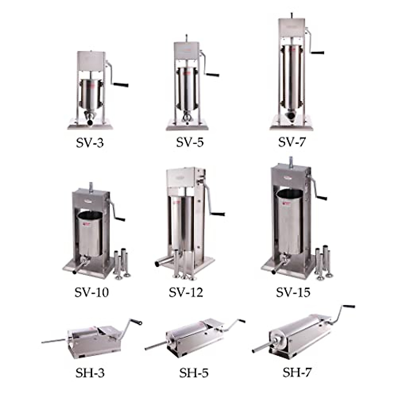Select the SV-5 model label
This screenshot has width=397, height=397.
[x=190, y=142]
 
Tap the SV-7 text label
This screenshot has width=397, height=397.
[x=292, y=142]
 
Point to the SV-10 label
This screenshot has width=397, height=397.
[x=91, y=292]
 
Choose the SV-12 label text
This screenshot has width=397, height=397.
[x=186, y=292]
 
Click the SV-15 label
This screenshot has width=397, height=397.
[x=293, y=292]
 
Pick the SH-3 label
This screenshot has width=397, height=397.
[x=90, y=373]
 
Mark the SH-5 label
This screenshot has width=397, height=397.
[x=194, y=373]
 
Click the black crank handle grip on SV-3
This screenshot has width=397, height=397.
[x=121, y=85]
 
